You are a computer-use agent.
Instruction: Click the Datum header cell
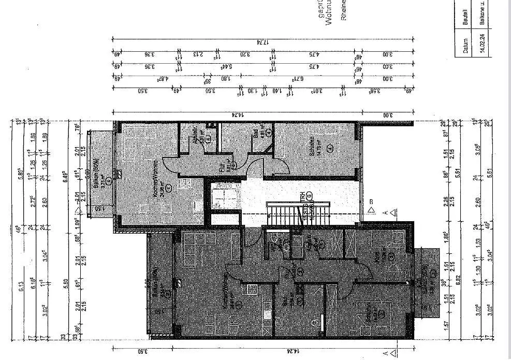[466, 42]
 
